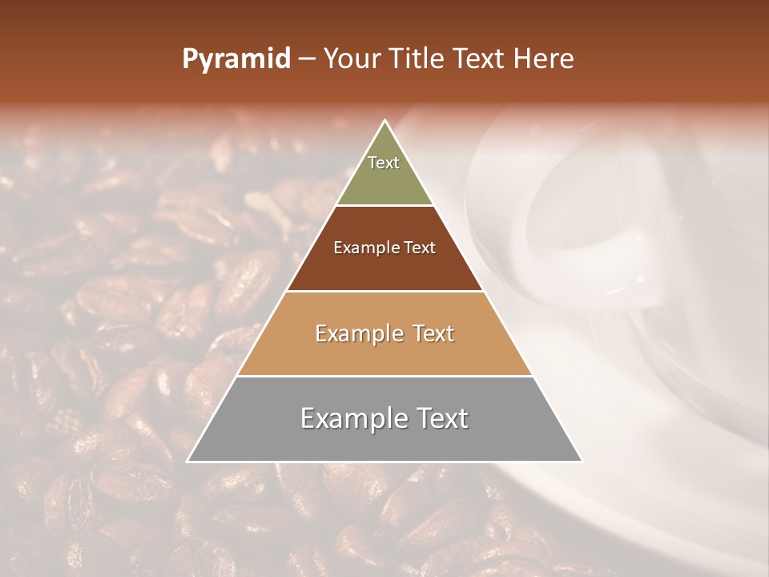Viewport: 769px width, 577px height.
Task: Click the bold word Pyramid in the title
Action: point(236,59)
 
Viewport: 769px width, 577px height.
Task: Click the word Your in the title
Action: point(349,59)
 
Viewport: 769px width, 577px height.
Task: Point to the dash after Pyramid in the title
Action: point(306,59)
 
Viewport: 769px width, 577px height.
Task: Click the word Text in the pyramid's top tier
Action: point(384,163)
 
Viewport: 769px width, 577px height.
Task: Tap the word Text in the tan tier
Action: point(433,333)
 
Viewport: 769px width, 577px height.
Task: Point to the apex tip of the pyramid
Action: point(384,122)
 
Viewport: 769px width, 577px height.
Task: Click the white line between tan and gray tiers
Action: point(384,376)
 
